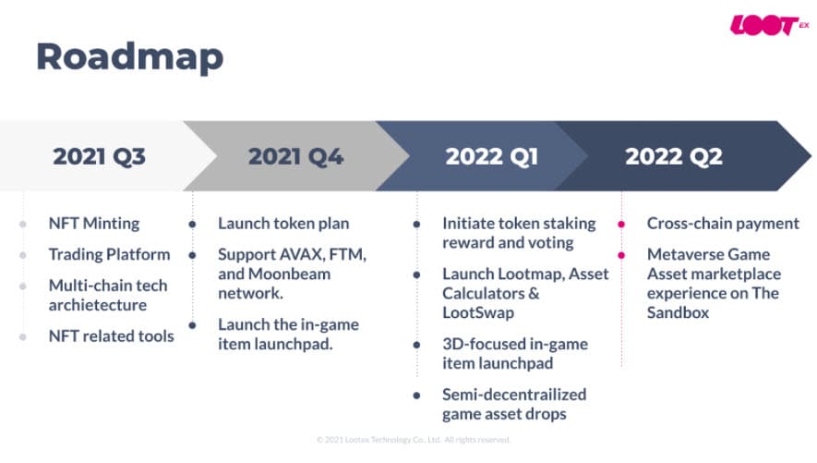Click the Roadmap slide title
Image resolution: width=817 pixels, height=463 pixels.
click(130, 57)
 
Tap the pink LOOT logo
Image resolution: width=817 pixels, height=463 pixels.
click(769, 25)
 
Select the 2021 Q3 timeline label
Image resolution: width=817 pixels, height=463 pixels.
click(99, 156)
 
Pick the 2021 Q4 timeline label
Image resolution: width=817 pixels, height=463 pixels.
click(295, 156)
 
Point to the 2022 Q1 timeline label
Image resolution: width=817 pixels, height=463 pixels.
click(491, 156)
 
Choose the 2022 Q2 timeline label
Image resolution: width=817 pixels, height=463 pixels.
click(674, 156)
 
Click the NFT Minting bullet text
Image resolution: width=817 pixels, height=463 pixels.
click(94, 224)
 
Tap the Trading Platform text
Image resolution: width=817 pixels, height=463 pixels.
click(110, 254)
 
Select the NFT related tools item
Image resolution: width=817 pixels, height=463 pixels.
click(111, 336)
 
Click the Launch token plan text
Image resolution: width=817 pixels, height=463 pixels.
click(283, 224)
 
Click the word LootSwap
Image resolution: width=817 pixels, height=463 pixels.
click(478, 313)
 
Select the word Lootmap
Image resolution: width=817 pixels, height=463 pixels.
click(531, 274)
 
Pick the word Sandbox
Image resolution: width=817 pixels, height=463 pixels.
click(678, 313)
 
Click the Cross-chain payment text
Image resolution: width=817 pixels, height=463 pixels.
click(723, 224)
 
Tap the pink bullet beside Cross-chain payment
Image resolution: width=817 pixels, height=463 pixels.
click(621, 225)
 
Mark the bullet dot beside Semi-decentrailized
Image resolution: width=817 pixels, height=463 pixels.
click(416, 396)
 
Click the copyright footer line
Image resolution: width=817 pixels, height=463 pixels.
click(413, 440)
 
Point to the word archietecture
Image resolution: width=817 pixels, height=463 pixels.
click(98, 305)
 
